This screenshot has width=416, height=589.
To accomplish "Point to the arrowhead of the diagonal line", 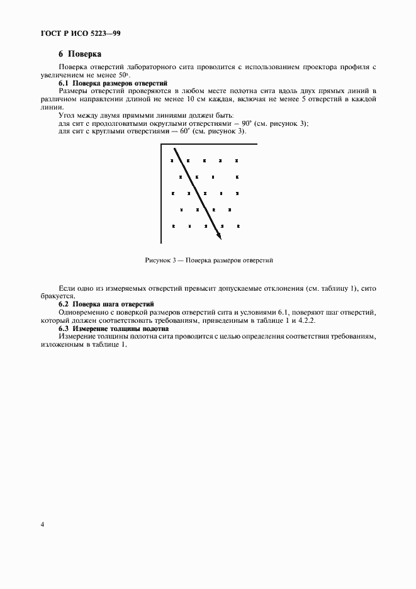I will [x=219, y=237].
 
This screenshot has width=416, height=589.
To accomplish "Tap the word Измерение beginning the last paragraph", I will [x=77, y=337].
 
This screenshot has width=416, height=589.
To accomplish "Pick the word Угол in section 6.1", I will [x=67, y=116].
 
